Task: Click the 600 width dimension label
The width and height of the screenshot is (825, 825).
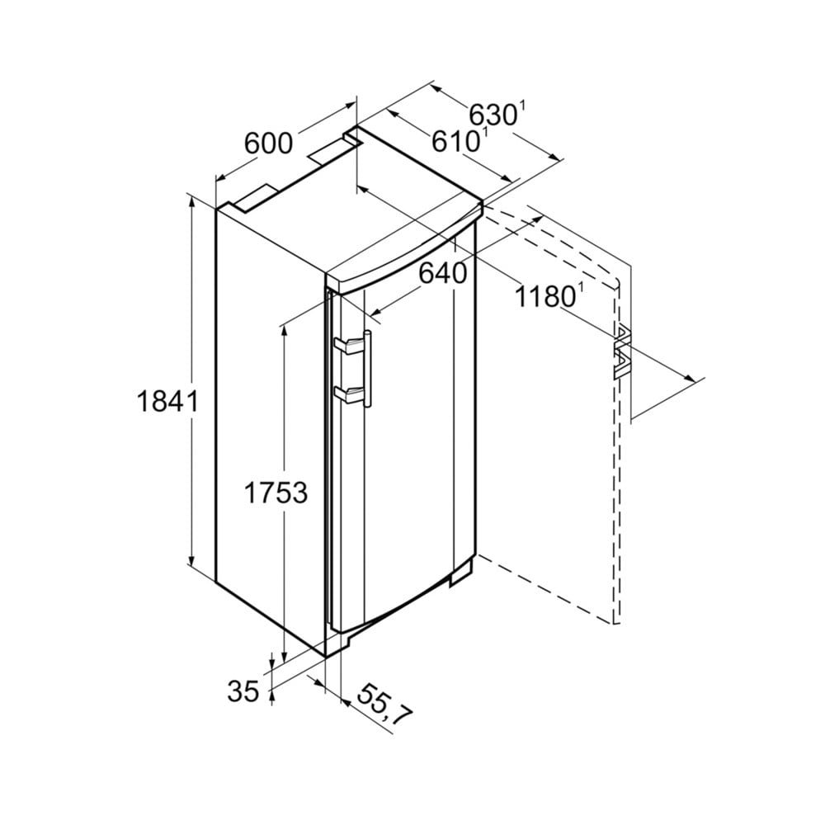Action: [x=268, y=143]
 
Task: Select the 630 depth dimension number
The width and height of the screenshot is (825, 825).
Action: [x=493, y=114]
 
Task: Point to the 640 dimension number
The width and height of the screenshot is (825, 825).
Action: [x=443, y=273]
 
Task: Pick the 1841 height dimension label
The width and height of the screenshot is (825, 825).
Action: [x=167, y=402]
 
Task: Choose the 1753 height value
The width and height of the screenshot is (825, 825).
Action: [x=276, y=493]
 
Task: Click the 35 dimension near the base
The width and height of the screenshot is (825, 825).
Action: [x=243, y=691]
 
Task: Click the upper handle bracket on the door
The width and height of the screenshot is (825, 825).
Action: [x=347, y=346]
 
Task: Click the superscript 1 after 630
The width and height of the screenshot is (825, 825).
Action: [x=522, y=104]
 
